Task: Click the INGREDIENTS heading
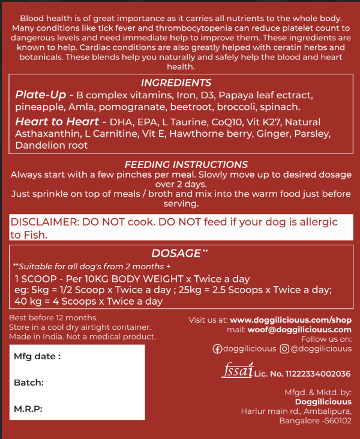[176, 83]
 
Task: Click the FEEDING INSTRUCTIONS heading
[186, 164]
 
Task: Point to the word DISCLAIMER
[44, 222]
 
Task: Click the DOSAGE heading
[176, 253]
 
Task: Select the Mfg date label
[37, 357]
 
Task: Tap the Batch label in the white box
[29, 383]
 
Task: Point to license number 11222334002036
[313, 374]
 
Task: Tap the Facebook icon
[217, 348]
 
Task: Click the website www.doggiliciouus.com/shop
[291, 320]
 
